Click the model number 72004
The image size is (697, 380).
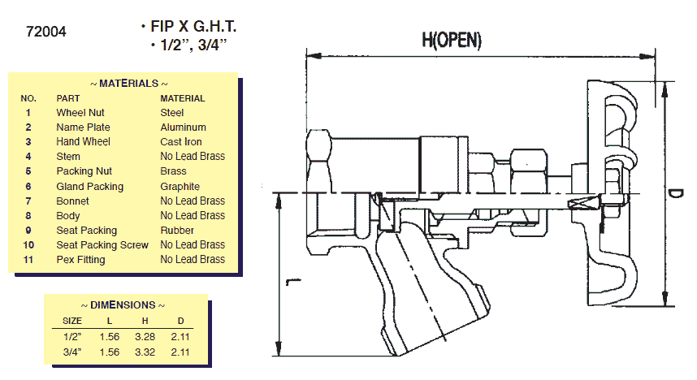(46, 32)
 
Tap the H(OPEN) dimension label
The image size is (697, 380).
(452, 39)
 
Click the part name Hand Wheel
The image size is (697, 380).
(83, 142)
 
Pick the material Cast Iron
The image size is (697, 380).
(181, 142)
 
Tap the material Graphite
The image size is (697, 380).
(180, 187)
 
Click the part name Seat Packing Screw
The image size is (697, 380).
(102, 245)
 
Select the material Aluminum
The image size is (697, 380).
(183, 127)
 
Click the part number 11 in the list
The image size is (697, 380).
(28, 260)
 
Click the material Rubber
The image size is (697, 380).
(176, 231)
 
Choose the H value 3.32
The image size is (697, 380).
(146, 352)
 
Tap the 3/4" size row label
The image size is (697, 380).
(72, 352)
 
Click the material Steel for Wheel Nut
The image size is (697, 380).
(172, 113)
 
